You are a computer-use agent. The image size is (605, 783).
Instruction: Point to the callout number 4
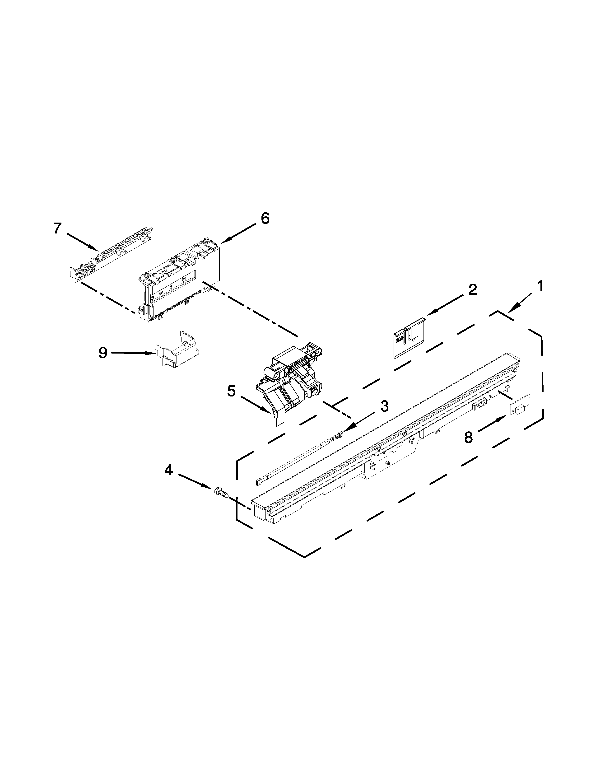168,470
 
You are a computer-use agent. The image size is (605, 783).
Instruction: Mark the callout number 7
57,228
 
